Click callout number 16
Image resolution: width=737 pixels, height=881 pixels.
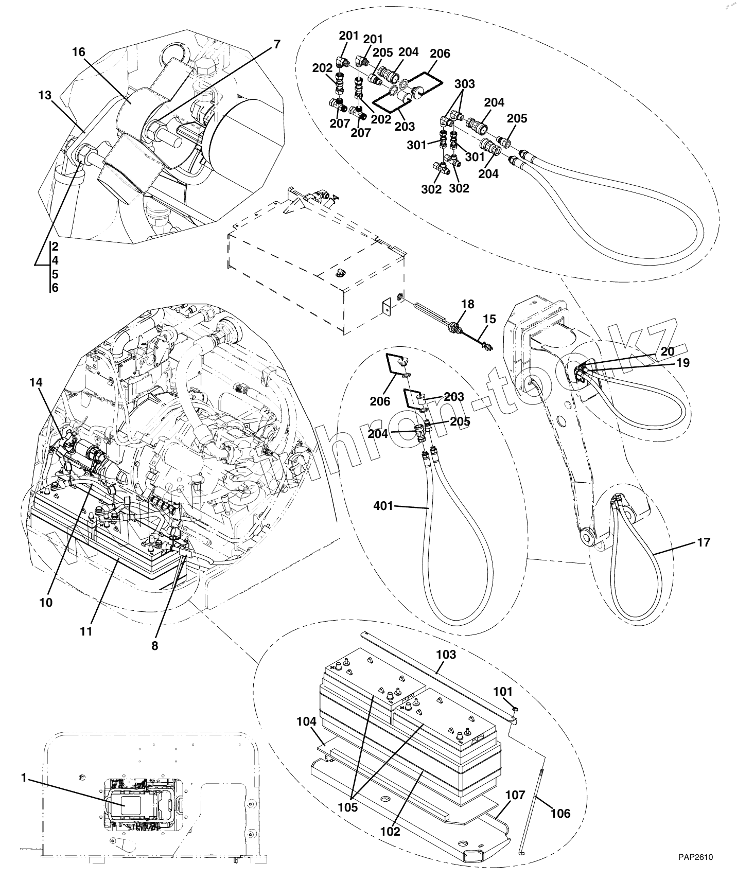(78, 52)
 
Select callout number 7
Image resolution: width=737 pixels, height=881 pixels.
(277, 44)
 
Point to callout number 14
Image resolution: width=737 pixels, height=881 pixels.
(36, 382)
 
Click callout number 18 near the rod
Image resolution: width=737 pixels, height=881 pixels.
(467, 304)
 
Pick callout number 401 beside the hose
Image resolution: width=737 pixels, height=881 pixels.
(383, 506)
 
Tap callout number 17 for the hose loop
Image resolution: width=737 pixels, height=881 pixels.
(703, 542)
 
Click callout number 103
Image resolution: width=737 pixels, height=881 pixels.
(446, 655)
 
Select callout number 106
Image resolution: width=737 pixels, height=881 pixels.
(560, 813)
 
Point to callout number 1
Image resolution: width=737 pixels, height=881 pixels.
(24, 778)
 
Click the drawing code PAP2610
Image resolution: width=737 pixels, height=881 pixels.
(695, 857)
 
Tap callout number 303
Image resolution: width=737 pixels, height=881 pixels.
(464, 84)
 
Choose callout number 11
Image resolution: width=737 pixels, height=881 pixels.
(86, 631)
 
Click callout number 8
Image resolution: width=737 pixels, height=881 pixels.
(154, 645)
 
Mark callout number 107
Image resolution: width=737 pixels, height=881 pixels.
(515, 795)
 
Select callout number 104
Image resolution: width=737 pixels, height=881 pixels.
(306, 722)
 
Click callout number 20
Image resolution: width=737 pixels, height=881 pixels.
(668, 351)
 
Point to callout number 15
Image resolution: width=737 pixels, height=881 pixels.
(489, 319)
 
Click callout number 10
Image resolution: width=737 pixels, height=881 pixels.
(46, 602)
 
